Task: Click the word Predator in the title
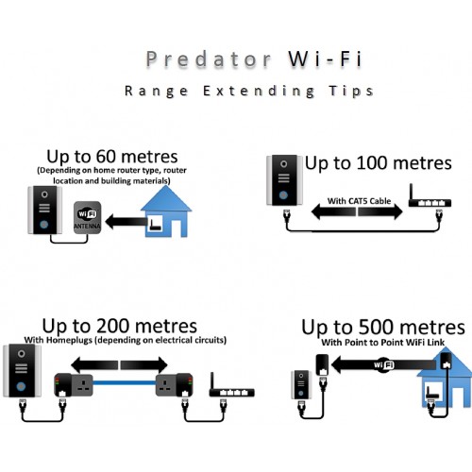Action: [209, 59]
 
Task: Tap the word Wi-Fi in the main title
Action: [326, 59]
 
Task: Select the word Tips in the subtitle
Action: [351, 91]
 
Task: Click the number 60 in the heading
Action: [107, 157]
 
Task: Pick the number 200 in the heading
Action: [113, 326]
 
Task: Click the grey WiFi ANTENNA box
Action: [88, 217]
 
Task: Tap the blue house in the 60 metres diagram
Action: [166, 211]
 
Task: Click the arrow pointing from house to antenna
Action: [126, 222]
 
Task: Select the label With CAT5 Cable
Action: [359, 201]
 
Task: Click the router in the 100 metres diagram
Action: [430, 197]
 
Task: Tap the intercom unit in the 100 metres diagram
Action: [283, 180]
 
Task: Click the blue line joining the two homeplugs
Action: [125, 383]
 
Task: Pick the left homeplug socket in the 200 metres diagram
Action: [74, 385]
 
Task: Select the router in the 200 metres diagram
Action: [231, 386]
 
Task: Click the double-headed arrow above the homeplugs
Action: [119, 365]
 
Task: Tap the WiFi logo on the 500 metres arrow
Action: [384, 365]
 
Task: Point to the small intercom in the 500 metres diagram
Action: [301, 384]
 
